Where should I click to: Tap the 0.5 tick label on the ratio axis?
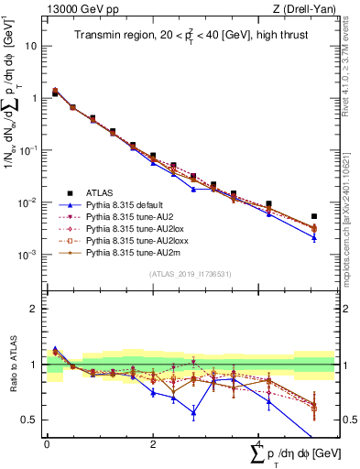[29, 420]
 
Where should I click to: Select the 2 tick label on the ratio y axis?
[33, 309]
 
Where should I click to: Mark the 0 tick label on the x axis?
[47, 442]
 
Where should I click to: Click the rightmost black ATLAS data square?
[314, 217]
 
